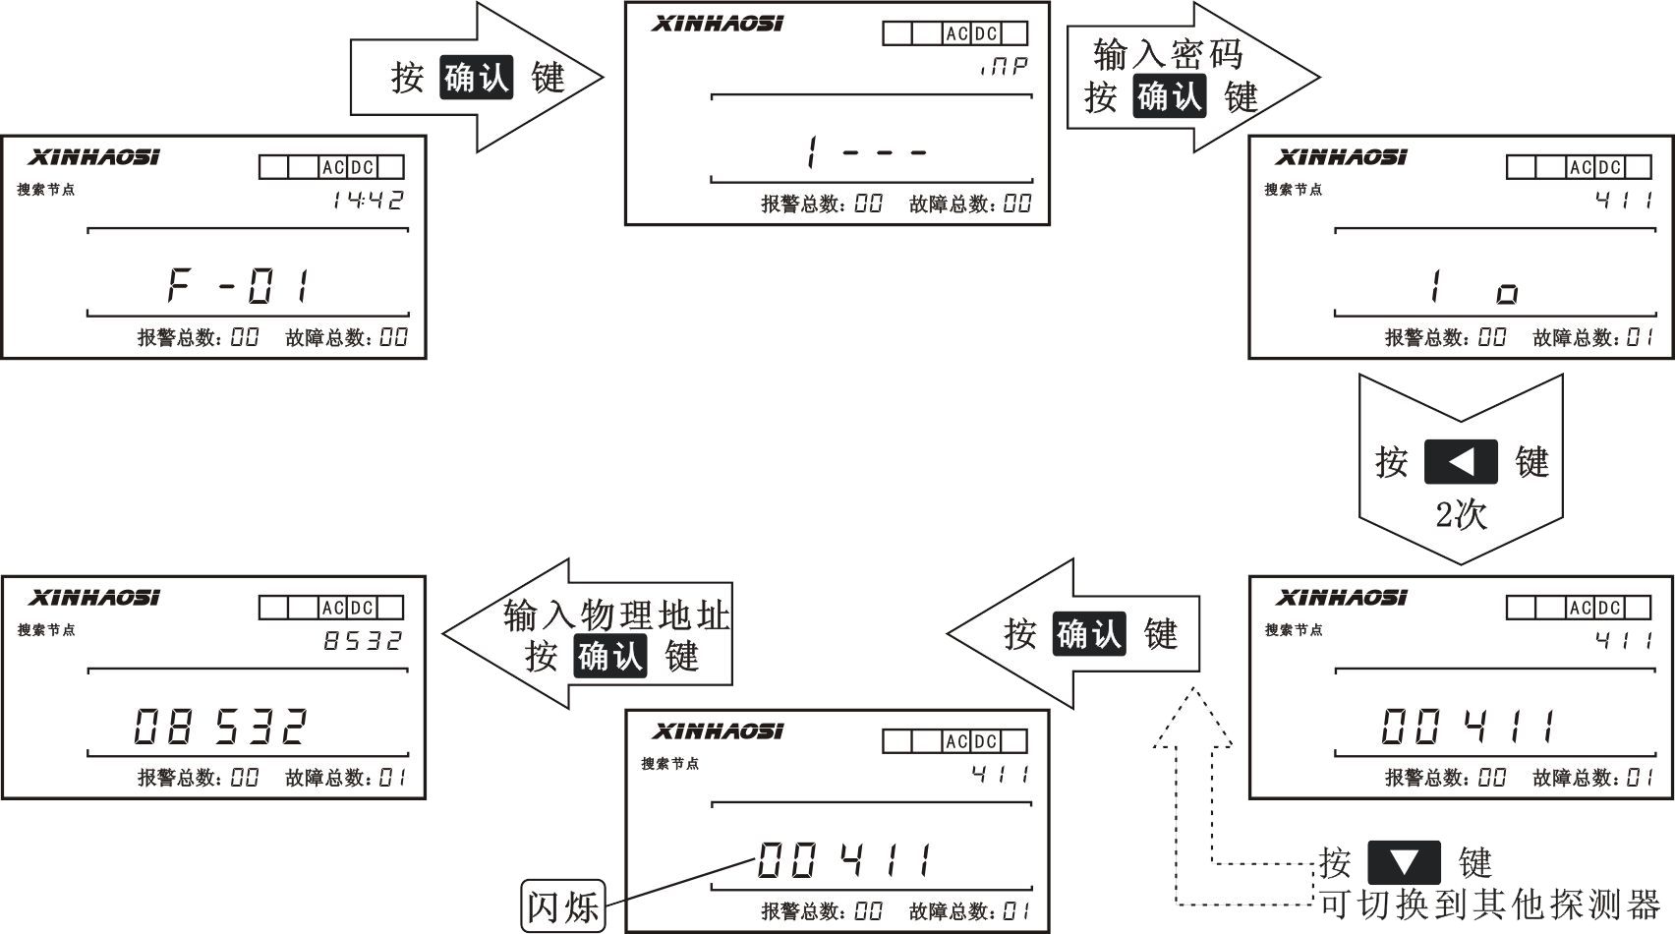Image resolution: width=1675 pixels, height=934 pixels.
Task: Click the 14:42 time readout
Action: pyautogui.click(x=368, y=201)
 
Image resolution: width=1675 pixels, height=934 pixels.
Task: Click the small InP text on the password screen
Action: pyautogui.click(x=1004, y=67)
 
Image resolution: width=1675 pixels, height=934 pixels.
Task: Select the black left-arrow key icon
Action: pyautogui.click(x=1461, y=461)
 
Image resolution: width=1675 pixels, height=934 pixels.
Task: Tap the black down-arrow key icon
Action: pyautogui.click(x=1404, y=862)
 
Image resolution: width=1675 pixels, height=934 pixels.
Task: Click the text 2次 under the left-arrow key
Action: pyautogui.click(x=1461, y=514)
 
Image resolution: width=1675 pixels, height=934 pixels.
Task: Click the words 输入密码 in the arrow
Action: pyautogui.click(x=1169, y=55)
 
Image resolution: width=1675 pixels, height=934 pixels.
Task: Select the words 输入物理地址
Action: pyautogui.click(x=616, y=615)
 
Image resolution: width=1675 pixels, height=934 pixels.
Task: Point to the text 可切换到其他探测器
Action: pyautogui.click(x=1488, y=904)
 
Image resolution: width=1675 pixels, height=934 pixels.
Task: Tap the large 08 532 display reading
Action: pyautogui.click(x=220, y=728)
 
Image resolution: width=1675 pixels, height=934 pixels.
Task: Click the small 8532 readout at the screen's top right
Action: pyautogui.click(x=364, y=641)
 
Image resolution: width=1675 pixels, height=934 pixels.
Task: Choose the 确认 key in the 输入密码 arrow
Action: pyautogui.click(x=1169, y=97)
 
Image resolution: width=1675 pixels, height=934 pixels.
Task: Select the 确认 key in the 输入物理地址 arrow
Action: pyautogui.click(x=609, y=656)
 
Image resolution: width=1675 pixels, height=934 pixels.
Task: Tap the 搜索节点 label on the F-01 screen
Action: pyautogui.click(x=46, y=190)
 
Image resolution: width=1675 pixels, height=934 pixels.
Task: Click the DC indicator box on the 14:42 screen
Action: pyautogui.click(x=362, y=168)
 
